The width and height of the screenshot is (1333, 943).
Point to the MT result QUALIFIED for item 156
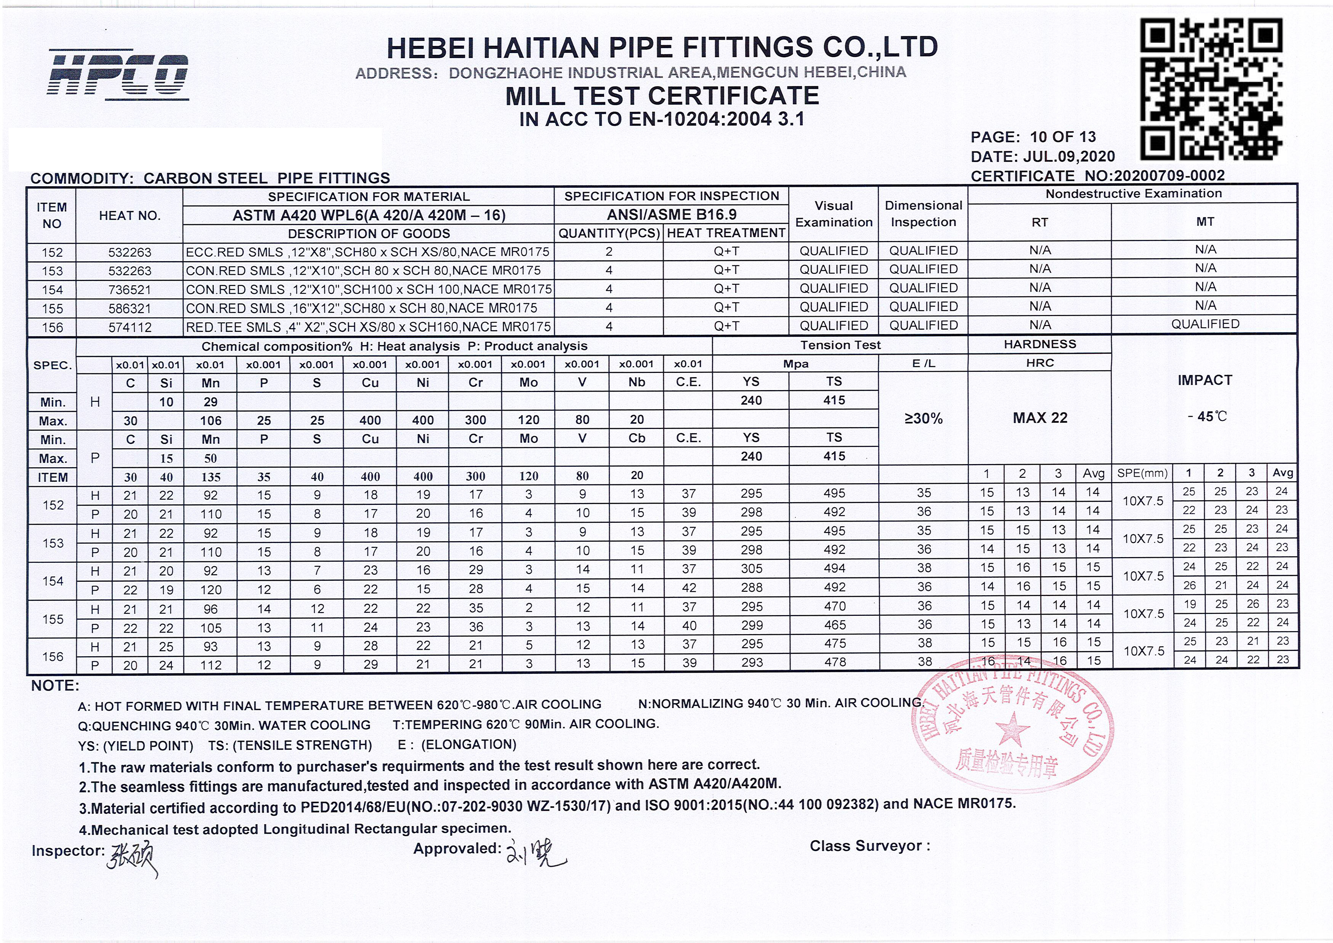point(1205,324)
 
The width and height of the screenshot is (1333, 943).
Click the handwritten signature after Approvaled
point(537,853)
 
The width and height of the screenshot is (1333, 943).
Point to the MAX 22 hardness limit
point(1040,418)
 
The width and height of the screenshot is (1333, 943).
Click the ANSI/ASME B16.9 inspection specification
point(671,215)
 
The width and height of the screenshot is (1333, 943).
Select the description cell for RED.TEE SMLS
point(368,327)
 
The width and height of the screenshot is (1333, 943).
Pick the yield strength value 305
point(751,569)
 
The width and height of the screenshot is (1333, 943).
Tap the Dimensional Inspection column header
point(923,214)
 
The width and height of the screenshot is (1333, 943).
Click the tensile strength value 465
point(834,625)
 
